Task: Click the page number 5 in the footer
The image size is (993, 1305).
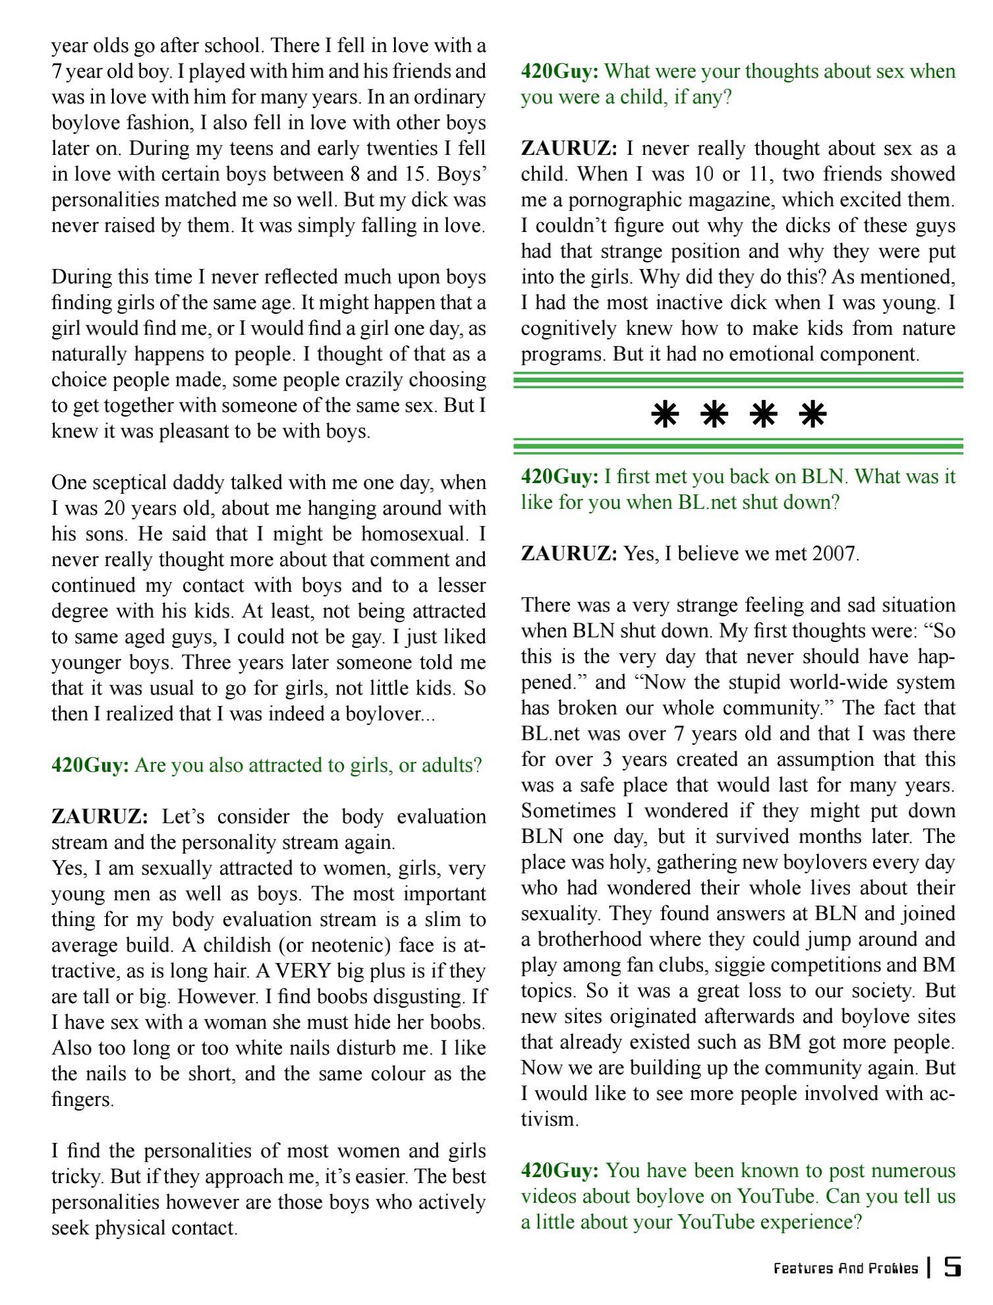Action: pos(952,1267)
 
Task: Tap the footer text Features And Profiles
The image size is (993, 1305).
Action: pos(845,1268)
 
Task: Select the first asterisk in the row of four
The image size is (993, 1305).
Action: pos(665,415)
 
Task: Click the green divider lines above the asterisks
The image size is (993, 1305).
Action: pos(738,380)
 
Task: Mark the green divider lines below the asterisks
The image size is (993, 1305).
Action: pos(738,447)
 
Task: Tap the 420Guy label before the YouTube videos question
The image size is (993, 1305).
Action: pos(559,1171)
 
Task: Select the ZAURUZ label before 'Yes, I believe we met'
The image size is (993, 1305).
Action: pos(569,554)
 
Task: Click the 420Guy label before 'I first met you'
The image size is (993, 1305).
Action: pos(559,477)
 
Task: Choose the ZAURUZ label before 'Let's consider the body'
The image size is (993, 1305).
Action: pos(99,817)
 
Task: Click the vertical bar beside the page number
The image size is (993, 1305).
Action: pos(929,1267)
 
